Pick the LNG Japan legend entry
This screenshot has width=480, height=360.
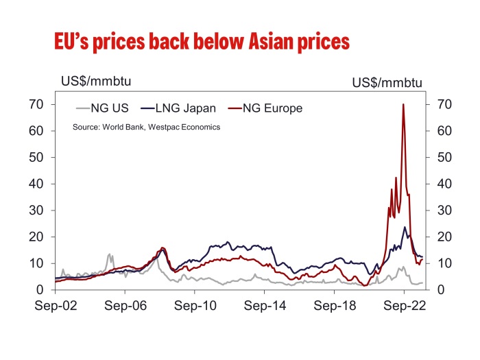pos(179,108)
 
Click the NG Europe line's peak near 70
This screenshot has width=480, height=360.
pos(403,105)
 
